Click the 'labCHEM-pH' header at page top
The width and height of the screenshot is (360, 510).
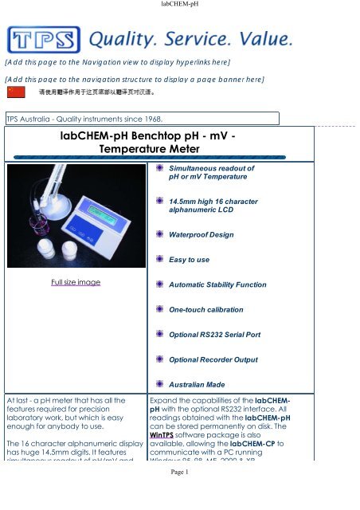coord(179,5)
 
